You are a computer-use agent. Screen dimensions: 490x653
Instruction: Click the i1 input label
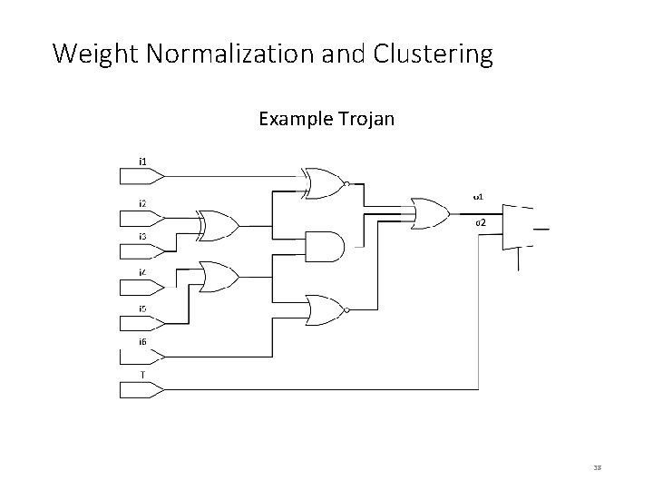143,162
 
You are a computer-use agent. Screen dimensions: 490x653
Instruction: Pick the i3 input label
143,236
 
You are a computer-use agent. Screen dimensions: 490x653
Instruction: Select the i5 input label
143,309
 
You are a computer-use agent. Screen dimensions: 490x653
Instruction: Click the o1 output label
479,195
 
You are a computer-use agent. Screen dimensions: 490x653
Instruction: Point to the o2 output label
481,222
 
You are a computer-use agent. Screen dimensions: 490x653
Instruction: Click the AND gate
326,245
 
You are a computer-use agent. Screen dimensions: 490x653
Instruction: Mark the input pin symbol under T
141,390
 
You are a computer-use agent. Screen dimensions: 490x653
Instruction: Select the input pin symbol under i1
141,174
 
